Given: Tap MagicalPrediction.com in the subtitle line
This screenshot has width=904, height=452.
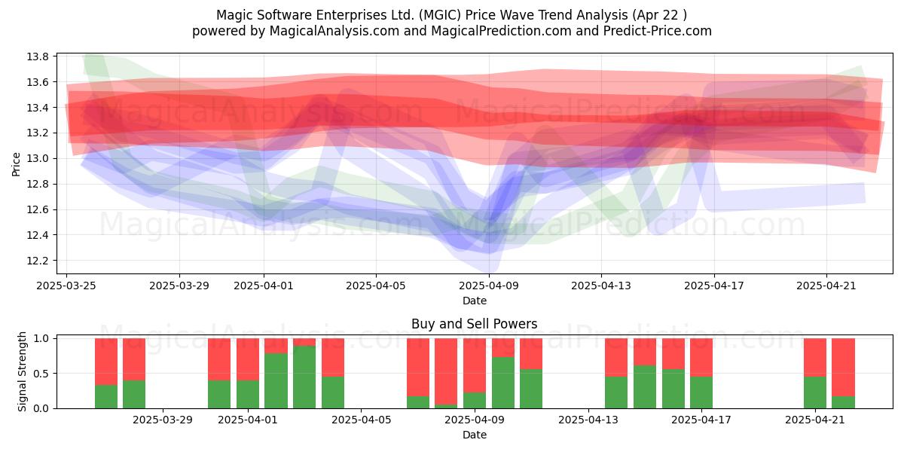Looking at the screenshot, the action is tap(501, 31).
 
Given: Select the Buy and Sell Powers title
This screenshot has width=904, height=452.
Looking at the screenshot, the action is tap(474, 324).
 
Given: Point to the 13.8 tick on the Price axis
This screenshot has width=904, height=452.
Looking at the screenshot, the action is tap(38, 56).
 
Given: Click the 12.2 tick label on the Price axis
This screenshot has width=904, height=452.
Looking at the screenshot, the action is tap(38, 261).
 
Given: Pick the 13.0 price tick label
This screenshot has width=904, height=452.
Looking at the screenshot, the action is tap(38, 159).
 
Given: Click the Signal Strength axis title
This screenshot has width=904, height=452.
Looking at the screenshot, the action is tap(22, 371).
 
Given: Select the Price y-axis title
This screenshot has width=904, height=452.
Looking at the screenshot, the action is tap(16, 164).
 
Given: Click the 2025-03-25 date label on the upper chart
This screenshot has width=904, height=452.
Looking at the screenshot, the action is tap(66, 286).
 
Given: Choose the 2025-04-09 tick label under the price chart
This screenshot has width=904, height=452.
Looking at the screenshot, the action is tap(489, 286).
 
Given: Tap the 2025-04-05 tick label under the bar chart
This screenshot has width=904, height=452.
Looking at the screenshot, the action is tap(361, 420).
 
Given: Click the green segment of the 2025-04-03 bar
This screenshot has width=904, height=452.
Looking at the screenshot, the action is tap(304, 377).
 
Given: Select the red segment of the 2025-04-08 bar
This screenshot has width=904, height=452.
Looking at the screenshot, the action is tap(446, 371).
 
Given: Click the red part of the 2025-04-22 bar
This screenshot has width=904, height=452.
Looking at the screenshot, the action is tap(843, 368).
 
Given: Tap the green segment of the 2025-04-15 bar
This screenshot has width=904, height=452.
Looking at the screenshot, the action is tap(645, 386).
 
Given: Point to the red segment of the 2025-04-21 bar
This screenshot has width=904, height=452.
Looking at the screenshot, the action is tap(815, 358).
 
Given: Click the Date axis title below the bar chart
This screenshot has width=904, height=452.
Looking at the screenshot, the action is tap(474, 435).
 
